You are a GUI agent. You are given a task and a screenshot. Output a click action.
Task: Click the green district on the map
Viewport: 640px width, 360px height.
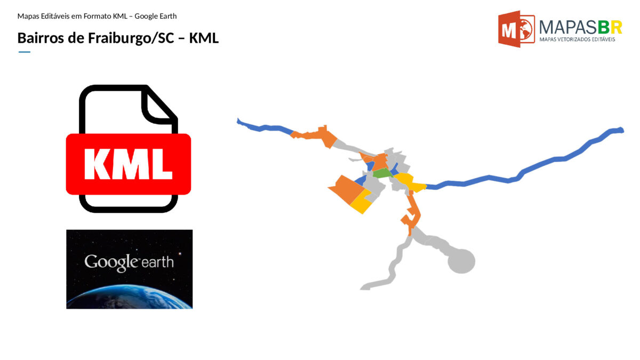pyautogui.click(x=382, y=173)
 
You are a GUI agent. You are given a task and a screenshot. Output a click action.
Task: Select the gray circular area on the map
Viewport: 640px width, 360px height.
pyautogui.click(x=461, y=261)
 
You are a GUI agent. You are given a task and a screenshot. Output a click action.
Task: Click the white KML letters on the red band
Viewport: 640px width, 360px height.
pyautogui.click(x=129, y=164)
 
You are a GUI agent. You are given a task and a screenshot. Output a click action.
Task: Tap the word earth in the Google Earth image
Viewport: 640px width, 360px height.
pyautogui.click(x=158, y=262)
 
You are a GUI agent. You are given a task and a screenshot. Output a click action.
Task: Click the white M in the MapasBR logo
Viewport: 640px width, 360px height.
pyautogui.click(x=509, y=30)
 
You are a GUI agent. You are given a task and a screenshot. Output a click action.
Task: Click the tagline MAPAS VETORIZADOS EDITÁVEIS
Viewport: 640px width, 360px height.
pyautogui.click(x=577, y=39)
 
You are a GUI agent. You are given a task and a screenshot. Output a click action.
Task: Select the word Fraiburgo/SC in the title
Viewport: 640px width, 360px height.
pyautogui.click(x=131, y=38)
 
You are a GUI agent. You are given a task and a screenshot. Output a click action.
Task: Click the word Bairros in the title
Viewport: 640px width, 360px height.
pyautogui.click(x=41, y=38)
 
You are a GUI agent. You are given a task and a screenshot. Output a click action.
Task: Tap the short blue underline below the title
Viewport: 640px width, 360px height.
pyautogui.click(x=25, y=52)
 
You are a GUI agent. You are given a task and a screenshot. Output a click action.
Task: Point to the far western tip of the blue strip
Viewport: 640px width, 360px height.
pyautogui.click(x=237, y=121)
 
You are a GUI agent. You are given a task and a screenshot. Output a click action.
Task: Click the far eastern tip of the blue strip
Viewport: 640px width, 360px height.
pyautogui.click(x=623, y=131)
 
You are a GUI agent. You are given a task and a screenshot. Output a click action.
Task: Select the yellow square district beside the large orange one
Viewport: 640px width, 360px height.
pyautogui.click(x=361, y=202)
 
